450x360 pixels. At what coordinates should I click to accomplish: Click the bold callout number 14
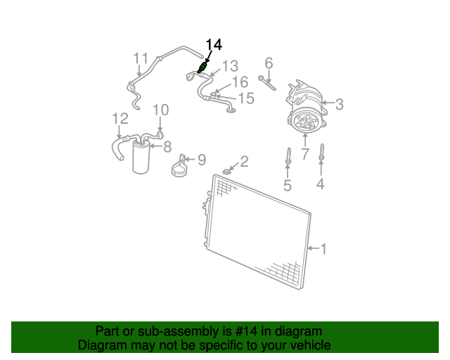pyautogui.click(x=214, y=45)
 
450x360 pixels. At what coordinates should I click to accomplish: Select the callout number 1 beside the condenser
pyautogui.click(x=323, y=248)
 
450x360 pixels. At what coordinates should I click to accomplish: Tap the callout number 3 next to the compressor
pyautogui.click(x=339, y=105)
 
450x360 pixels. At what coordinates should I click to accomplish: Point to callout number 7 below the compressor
pyautogui.click(x=305, y=153)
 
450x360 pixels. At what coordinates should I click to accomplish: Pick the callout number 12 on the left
pyautogui.click(x=120, y=118)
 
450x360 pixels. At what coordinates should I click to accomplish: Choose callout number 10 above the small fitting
pyautogui.click(x=161, y=110)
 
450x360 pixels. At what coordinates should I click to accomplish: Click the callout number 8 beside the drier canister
pyautogui.click(x=167, y=147)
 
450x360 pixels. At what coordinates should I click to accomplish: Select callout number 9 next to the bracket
pyautogui.click(x=201, y=160)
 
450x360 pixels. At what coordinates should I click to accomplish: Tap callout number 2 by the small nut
pyautogui.click(x=244, y=162)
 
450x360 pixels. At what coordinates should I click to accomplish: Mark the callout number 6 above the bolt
pyautogui.click(x=269, y=63)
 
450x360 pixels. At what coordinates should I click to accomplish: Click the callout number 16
pyautogui.click(x=240, y=83)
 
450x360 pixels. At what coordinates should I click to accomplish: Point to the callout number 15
pyautogui.click(x=245, y=98)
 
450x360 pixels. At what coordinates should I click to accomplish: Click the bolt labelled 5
pyautogui.click(x=288, y=159)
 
